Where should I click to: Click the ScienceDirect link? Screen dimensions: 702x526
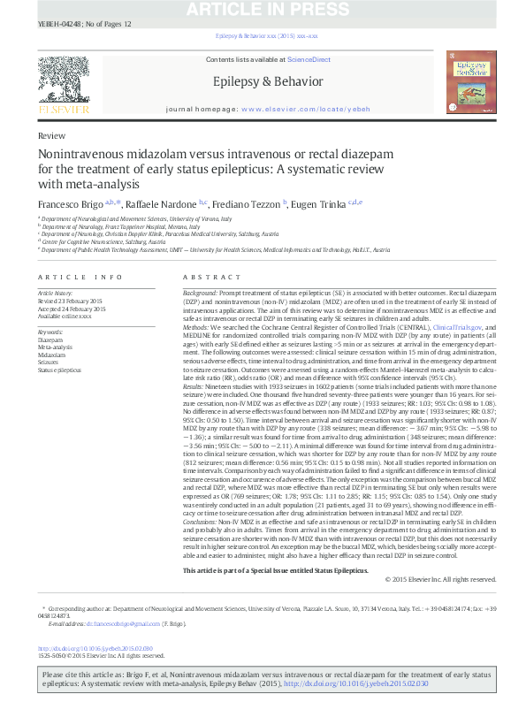309,59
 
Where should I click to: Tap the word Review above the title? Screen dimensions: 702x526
50,137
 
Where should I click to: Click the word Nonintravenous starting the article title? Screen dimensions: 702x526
84,154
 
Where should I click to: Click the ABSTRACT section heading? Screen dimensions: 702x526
199,277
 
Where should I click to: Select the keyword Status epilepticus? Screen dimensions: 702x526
58,370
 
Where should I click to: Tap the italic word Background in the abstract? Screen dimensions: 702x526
200,292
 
